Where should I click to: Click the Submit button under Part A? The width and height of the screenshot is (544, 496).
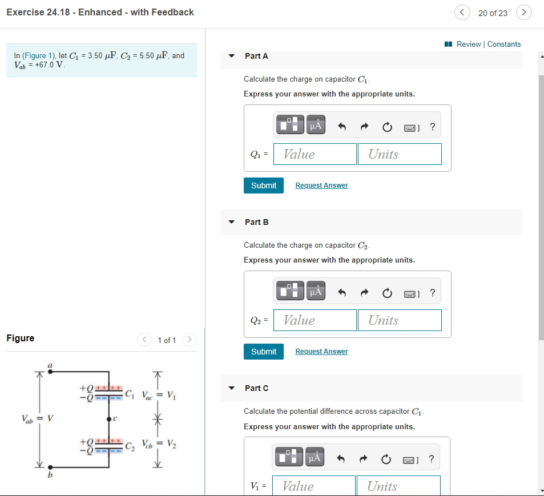(x=263, y=186)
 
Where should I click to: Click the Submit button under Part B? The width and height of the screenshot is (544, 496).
(x=263, y=352)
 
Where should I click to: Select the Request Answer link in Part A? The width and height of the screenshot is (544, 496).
(x=321, y=186)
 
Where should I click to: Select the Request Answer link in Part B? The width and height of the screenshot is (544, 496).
(x=321, y=352)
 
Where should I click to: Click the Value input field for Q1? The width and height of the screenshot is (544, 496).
(x=315, y=154)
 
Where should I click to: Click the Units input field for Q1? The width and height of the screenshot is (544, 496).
(x=400, y=154)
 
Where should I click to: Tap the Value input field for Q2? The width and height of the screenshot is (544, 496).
(x=315, y=320)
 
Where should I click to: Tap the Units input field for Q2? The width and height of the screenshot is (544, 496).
(x=400, y=320)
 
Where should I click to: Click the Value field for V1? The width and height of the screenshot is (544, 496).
(x=313, y=486)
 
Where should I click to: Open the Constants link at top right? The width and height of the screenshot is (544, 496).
(x=503, y=44)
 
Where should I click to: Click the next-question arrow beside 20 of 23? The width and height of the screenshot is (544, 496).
(x=523, y=13)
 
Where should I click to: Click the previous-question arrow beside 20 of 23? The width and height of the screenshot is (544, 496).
(x=463, y=13)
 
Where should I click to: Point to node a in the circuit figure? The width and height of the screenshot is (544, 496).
(x=50, y=372)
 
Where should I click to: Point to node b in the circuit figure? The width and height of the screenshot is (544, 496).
(x=50, y=466)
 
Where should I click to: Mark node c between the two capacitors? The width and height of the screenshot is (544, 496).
(x=109, y=419)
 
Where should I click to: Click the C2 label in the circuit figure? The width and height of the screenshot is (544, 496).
(x=131, y=445)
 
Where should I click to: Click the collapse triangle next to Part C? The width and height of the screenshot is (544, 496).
(x=231, y=388)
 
